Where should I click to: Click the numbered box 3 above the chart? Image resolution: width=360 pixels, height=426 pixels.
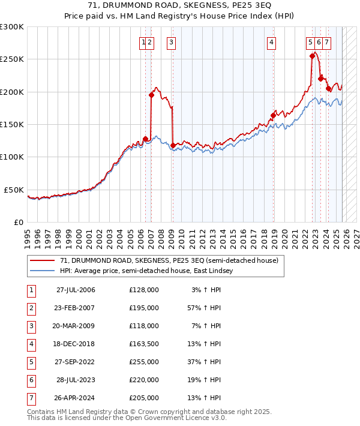tap(172, 42)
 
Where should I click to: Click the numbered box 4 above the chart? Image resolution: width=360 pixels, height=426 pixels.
tap(272, 42)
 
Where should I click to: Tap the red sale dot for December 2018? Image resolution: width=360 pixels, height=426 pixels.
tap(273, 115)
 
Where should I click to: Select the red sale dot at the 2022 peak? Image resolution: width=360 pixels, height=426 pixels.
tap(312, 56)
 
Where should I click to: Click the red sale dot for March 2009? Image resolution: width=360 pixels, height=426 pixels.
tap(173, 145)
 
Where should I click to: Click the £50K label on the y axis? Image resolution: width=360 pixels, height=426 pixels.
tap(14, 190)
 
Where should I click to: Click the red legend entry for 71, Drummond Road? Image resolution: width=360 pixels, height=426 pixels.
tap(169, 261)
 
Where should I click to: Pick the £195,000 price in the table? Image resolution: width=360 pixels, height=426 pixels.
tap(144, 307)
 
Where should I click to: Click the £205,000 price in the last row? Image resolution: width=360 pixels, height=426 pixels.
tap(144, 398)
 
